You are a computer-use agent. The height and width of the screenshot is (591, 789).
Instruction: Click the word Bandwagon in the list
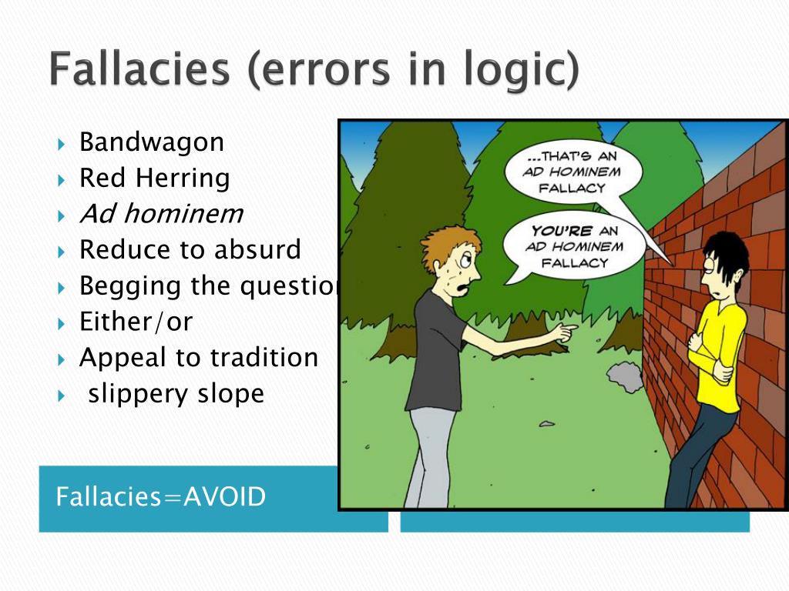152,142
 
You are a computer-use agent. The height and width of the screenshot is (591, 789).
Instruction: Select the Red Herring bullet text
155,179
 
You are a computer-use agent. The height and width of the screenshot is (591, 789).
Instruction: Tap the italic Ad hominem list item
161,214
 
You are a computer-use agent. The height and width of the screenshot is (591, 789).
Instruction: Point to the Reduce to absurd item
190,250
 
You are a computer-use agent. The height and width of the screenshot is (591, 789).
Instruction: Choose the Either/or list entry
136,322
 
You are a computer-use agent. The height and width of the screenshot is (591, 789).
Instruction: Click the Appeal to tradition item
199,358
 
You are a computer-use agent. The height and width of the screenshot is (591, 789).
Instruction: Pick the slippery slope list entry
176,394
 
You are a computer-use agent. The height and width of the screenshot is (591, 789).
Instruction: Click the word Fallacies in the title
139,72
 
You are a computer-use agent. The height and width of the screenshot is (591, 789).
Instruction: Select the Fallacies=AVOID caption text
161,497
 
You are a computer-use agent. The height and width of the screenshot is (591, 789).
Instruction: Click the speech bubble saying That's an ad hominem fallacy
571,171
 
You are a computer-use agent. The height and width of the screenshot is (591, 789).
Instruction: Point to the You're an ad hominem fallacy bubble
575,245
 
